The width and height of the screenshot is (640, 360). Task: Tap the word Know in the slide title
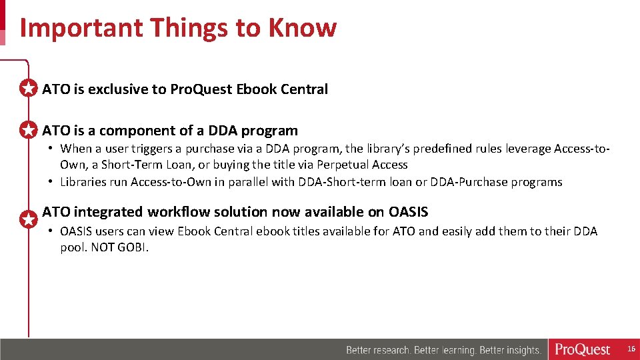303,29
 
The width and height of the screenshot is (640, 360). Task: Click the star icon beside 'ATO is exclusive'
28,89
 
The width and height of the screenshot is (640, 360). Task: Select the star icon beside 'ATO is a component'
28,131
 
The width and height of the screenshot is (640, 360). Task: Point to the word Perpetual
339,165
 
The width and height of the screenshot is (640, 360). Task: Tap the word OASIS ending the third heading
408,212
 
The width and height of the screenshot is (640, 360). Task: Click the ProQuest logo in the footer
582,349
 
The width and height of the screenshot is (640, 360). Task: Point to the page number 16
630,349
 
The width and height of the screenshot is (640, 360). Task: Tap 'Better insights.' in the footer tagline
510,350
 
